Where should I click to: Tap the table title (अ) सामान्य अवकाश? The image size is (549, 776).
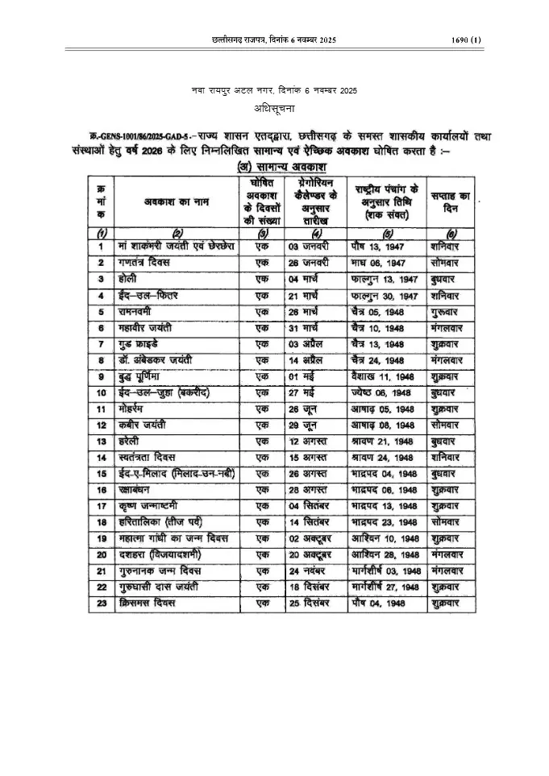pyautogui.click(x=274, y=167)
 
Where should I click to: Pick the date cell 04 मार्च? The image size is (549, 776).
pyautogui.click(x=309, y=279)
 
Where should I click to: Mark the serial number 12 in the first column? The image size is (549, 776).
pyautogui.click(x=101, y=425)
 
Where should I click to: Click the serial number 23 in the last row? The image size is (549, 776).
pyautogui.click(x=101, y=603)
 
